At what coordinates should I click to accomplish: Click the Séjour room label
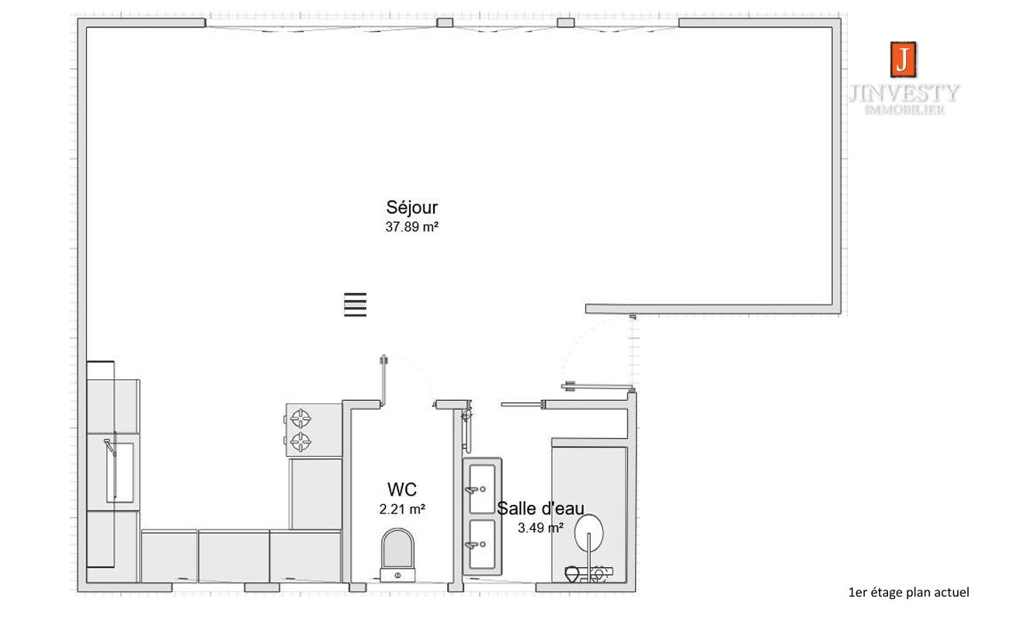click(x=411, y=207)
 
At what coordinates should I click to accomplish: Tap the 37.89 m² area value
click(x=411, y=227)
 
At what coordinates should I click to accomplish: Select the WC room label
click(x=402, y=489)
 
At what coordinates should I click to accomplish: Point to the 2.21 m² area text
click(x=402, y=510)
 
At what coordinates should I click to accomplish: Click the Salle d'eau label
click(x=540, y=508)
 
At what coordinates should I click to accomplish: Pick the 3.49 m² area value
click(x=540, y=527)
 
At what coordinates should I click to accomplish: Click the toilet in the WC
click(x=397, y=555)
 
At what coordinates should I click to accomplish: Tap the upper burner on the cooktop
click(x=300, y=419)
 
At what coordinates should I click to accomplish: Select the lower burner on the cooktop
click(x=300, y=441)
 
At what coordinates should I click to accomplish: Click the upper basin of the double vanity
click(x=481, y=489)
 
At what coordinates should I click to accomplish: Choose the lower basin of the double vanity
click(x=481, y=545)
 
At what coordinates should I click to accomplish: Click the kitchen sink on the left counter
click(x=120, y=472)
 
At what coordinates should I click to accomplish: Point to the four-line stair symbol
click(x=355, y=305)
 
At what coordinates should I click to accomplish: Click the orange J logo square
click(x=903, y=60)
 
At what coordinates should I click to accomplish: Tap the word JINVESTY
click(x=904, y=93)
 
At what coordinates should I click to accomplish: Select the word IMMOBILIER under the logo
click(x=904, y=110)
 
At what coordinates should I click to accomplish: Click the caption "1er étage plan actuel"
click(x=908, y=593)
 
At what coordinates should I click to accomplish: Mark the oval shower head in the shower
click(x=589, y=532)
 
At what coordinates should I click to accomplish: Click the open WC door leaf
click(x=384, y=381)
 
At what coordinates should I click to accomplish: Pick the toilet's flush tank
click(x=397, y=575)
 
